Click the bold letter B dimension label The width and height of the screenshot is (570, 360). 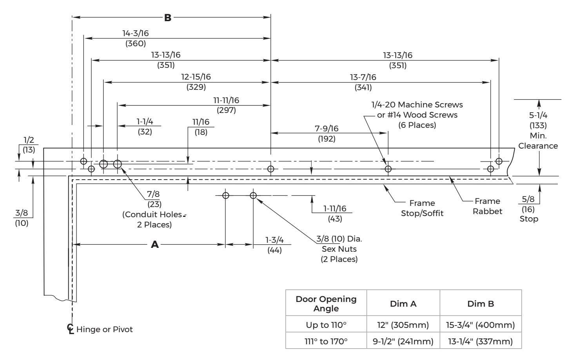coord(168,18)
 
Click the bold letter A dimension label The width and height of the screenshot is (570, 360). coord(155,245)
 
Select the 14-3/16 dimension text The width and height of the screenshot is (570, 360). coord(135,33)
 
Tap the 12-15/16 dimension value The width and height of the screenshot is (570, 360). coord(196,77)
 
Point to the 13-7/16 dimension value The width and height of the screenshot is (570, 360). coord(363,77)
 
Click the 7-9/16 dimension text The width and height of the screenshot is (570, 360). coord(327,129)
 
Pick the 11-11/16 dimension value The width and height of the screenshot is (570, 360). coord(226,100)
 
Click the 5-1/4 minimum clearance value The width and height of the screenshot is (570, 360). coord(538,115)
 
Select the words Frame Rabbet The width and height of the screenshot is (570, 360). coord(488,206)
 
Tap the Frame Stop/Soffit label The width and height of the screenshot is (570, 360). coord(422,208)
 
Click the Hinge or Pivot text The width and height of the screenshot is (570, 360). coord(105,329)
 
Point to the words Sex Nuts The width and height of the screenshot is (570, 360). coord(339,249)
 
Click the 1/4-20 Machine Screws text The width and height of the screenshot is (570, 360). coord(417,105)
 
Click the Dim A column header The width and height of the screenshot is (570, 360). coord(403,304)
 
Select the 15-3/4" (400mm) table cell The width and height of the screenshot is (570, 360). coord(481,325)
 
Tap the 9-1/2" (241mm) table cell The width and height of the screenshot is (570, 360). coord(403,342)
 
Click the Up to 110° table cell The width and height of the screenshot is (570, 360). coord(326,325)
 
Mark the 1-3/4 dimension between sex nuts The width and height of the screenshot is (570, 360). coord(274,240)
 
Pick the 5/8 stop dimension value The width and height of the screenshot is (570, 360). coord(528,199)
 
